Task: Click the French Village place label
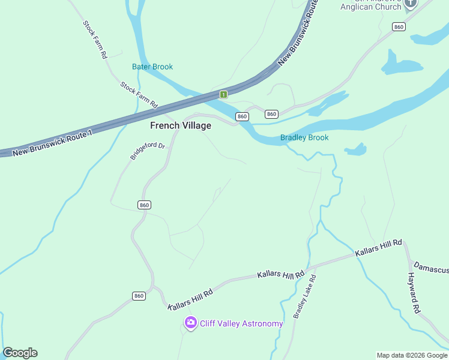180,125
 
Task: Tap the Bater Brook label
152,67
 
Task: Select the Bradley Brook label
304,137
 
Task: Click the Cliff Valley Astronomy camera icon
191,323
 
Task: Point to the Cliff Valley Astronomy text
241,324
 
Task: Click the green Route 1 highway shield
223,94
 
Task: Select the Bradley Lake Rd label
304,296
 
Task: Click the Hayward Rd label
413,293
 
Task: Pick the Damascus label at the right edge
432,265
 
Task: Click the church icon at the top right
411,4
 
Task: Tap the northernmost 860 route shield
399,26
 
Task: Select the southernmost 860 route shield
139,296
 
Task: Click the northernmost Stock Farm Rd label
95,40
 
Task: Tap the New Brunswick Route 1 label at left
53,143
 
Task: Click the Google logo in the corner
20,353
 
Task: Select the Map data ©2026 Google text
412,355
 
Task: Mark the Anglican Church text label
370,7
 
